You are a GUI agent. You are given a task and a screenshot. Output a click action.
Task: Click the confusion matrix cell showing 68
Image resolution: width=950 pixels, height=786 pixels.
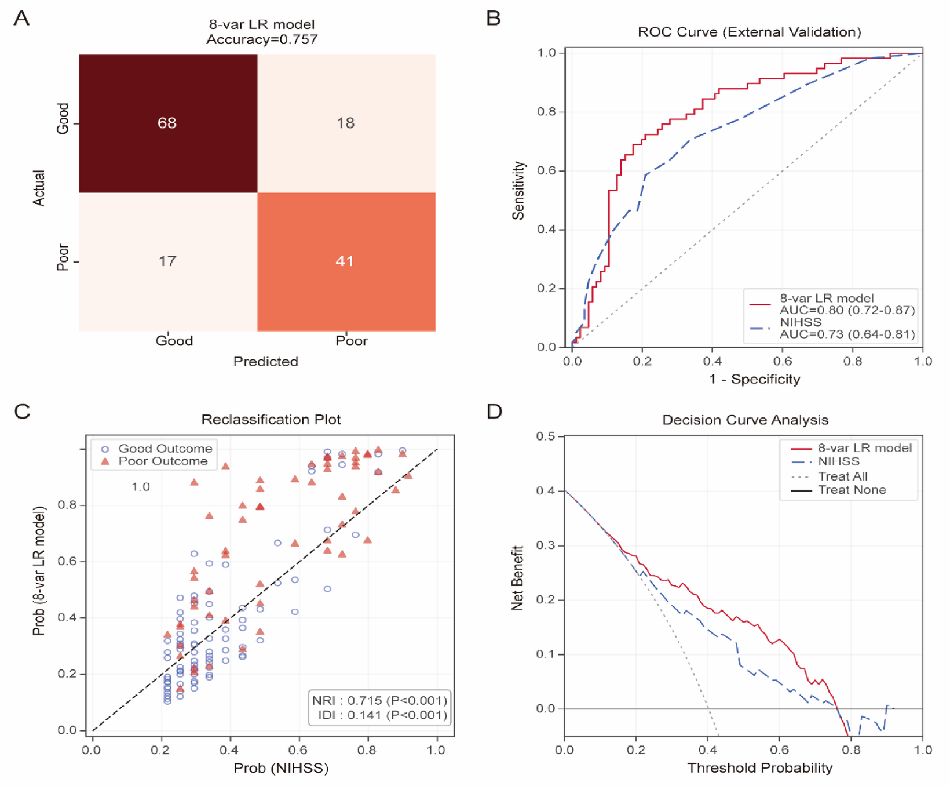167,123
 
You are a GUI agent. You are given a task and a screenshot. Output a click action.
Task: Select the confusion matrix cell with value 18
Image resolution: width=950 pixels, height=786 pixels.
346,123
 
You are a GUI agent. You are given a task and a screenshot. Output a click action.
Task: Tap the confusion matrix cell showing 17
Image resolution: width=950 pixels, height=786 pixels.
167,261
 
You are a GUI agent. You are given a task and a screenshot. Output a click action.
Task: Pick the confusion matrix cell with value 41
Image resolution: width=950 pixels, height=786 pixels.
345,261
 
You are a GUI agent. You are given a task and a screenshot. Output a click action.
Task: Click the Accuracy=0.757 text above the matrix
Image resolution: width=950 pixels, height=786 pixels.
262,39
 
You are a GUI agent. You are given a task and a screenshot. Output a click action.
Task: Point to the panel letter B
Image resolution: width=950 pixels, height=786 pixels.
494,18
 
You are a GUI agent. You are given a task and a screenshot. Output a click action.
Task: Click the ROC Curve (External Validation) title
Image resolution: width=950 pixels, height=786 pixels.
750,32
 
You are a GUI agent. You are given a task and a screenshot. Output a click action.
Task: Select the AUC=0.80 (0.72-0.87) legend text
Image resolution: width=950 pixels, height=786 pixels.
847,310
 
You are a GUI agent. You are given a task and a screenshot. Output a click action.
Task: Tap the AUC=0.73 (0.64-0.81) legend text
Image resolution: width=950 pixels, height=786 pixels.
847,334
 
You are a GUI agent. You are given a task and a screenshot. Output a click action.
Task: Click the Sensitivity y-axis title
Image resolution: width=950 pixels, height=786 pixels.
519,190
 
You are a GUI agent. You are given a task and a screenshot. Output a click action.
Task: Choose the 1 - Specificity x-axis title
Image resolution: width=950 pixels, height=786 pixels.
754,379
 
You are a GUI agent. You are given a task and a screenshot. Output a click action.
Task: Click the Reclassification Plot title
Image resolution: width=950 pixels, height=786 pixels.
271,419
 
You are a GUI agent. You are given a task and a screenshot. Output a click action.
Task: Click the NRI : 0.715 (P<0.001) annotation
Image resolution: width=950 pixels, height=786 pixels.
380,700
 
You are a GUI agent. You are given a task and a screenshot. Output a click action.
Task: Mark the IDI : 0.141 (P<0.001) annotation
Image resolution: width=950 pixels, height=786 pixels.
383,715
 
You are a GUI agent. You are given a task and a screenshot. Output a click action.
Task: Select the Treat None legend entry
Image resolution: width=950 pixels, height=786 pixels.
852,490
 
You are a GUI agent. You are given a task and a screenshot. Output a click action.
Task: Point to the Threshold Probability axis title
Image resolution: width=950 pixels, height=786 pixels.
759,768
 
